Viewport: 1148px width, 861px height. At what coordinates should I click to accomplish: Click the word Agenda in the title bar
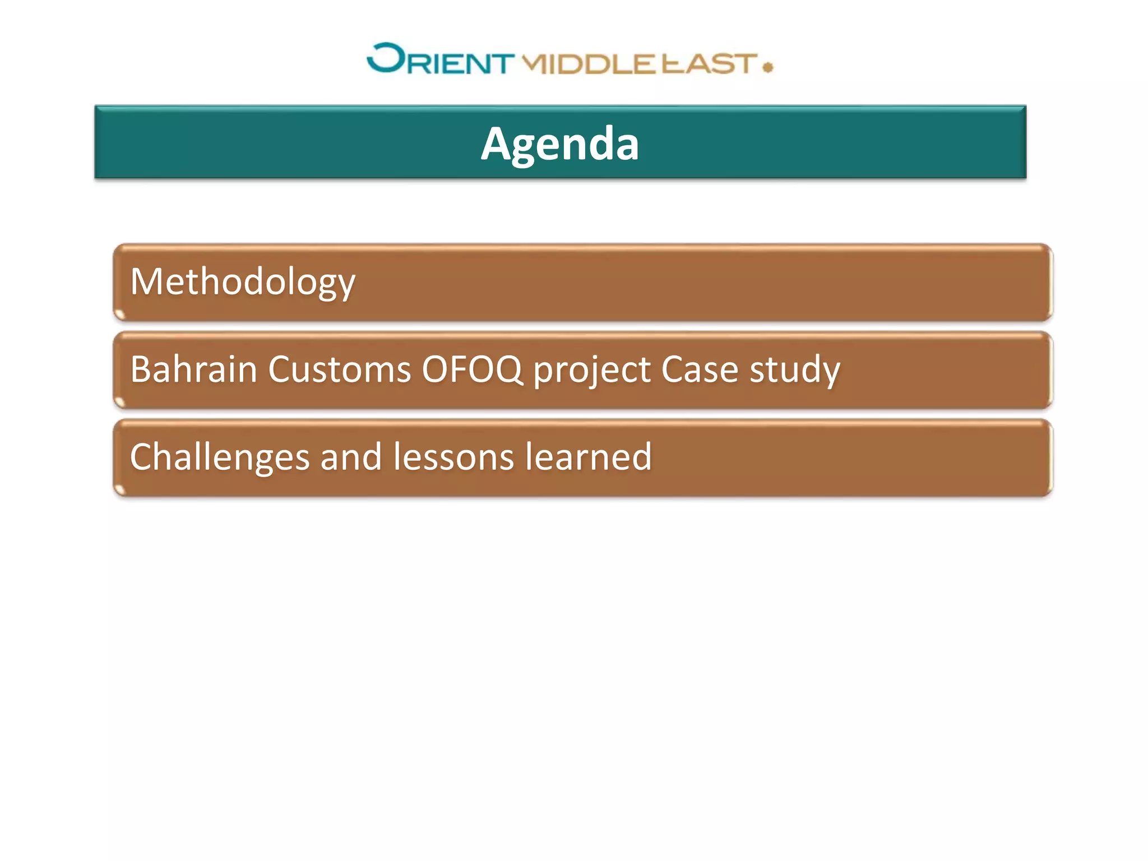[x=559, y=145]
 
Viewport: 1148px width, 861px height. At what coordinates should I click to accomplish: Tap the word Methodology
[x=243, y=282]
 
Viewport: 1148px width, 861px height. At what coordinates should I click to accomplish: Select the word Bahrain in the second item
[x=193, y=369]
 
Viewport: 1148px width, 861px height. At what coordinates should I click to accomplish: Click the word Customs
[x=340, y=369]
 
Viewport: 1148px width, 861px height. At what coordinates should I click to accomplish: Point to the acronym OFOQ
[x=472, y=369]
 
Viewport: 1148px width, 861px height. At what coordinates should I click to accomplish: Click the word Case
[x=700, y=369]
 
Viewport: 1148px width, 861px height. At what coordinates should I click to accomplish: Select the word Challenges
[x=219, y=457]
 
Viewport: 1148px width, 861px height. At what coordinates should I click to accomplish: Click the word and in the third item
[x=351, y=457]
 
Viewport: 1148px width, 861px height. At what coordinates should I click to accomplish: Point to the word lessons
[x=453, y=457]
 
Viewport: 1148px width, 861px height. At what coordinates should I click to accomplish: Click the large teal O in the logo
[x=386, y=58]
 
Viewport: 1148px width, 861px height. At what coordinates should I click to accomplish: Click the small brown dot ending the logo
[x=768, y=67]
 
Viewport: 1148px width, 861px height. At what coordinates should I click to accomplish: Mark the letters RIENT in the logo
[x=460, y=64]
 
